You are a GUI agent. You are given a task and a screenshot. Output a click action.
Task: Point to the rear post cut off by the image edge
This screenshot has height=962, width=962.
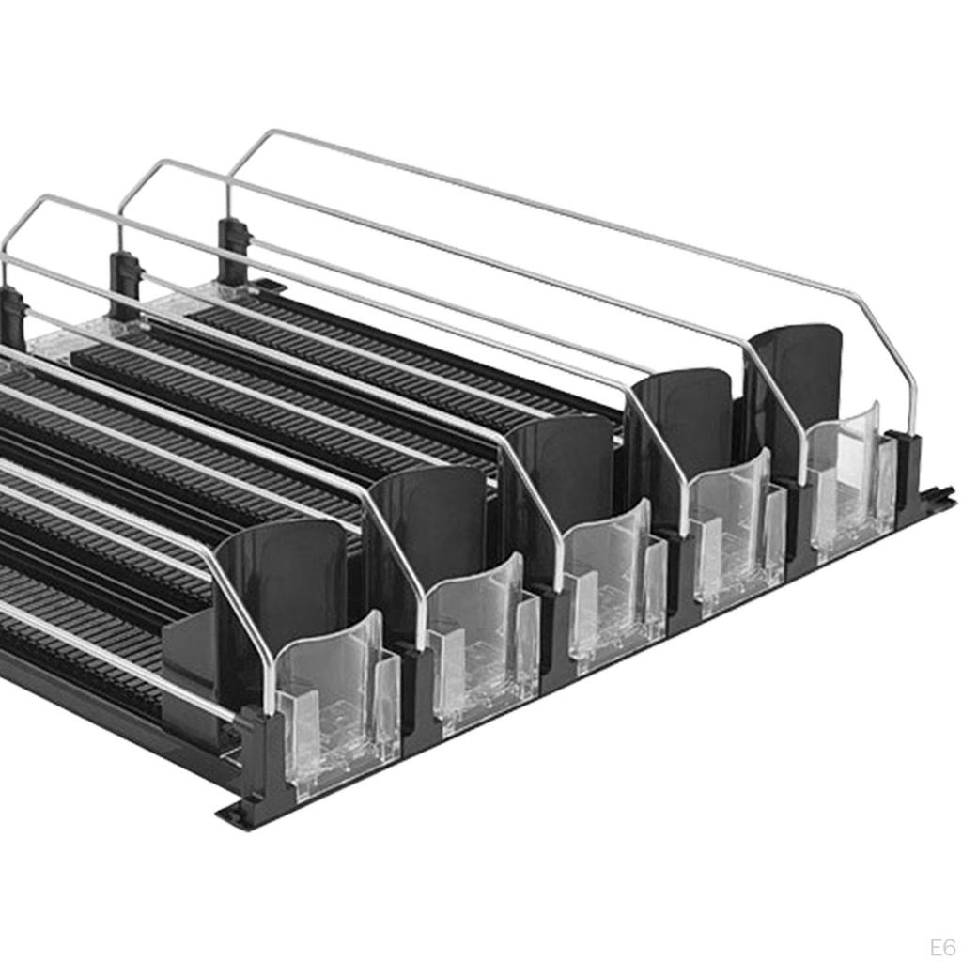(11, 318)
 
